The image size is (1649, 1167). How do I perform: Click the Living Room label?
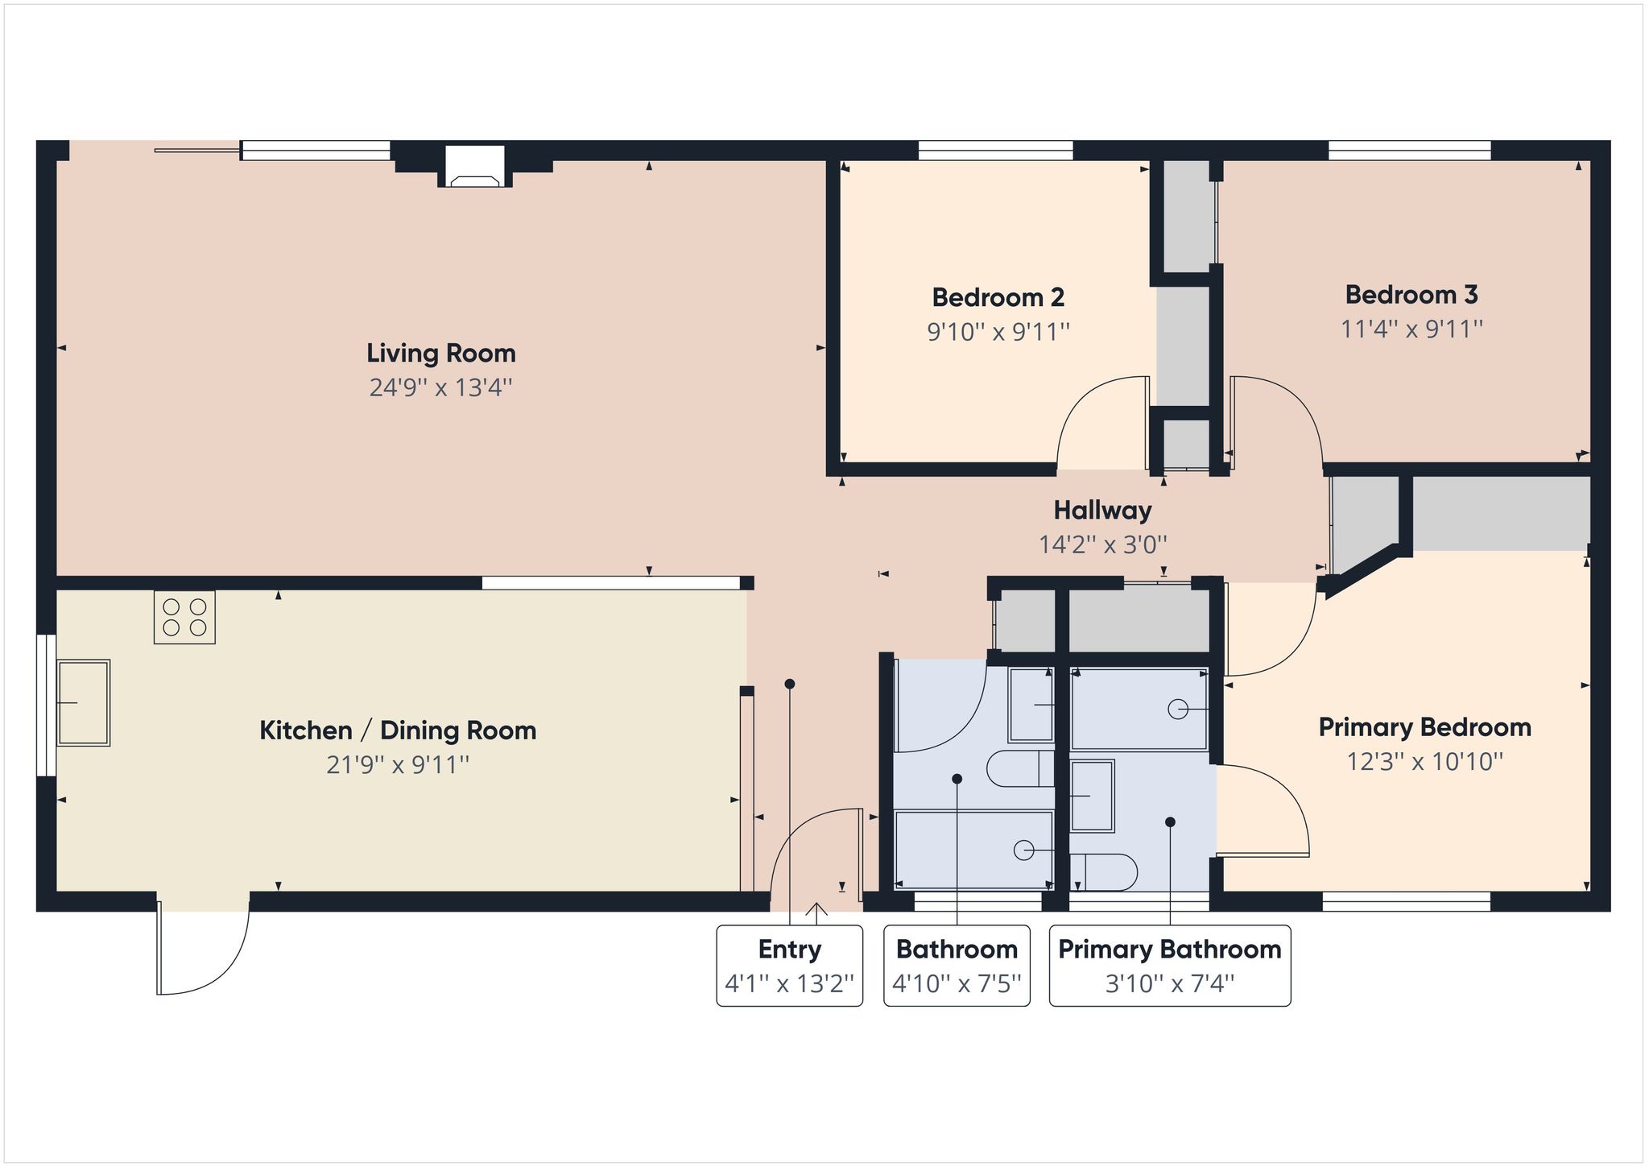[441, 353]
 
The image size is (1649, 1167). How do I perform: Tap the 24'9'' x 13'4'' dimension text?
[441, 387]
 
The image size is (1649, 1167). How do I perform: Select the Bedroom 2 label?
[998, 297]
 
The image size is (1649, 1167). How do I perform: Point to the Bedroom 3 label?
[1411, 295]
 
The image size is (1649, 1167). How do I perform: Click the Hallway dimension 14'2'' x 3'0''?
[1103, 544]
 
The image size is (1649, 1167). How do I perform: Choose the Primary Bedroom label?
[1425, 727]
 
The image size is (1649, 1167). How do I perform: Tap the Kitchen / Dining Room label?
[398, 730]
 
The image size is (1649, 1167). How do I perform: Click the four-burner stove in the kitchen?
[184, 617]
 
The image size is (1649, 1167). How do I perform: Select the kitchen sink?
[83, 703]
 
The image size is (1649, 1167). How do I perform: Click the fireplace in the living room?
[476, 167]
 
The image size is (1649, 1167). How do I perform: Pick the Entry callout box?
[790, 966]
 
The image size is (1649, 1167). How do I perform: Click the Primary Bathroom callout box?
[1170, 966]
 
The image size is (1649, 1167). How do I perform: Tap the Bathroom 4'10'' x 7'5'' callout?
[957, 966]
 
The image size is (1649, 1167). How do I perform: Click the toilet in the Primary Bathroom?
[1104, 872]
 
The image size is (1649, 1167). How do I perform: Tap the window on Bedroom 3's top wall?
[1409, 151]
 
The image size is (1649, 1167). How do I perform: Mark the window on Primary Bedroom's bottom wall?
[1406, 901]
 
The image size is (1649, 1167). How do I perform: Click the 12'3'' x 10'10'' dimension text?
[1425, 762]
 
